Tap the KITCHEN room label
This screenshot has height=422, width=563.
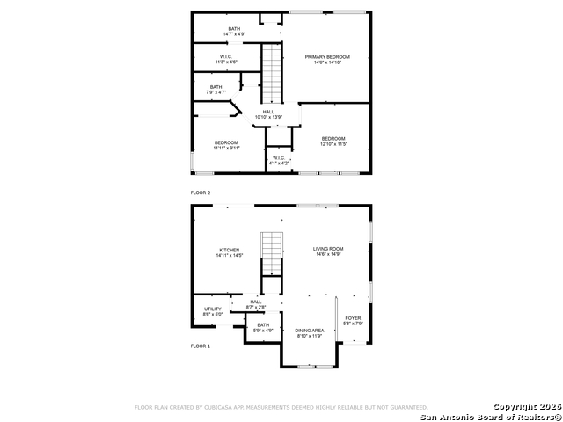pyautogui.click(x=230, y=250)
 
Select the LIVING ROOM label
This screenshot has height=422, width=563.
pyautogui.click(x=328, y=249)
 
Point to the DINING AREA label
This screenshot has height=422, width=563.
pyautogui.click(x=309, y=330)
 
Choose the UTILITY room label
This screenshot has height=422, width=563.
pyautogui.click(x=213, y=309)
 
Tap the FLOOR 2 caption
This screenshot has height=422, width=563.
pyautogui.click(x=201, y=192)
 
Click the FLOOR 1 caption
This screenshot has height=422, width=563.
pyautogui.click(x=201, y=346)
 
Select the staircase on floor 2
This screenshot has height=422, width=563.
pyautogui.click(x=273, y=72)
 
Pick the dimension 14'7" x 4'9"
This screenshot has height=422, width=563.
pyautogui.click(x=234, y=34)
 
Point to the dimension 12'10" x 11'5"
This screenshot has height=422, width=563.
pyautogui.click(x=333, y=143)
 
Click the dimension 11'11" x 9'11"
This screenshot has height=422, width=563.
pyautogui.click(x=226, y=148)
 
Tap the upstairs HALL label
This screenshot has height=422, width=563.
pyautogui.click(x=267, y=112)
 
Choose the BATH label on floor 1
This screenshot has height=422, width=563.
pyautogui.click(x=263, y=324)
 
